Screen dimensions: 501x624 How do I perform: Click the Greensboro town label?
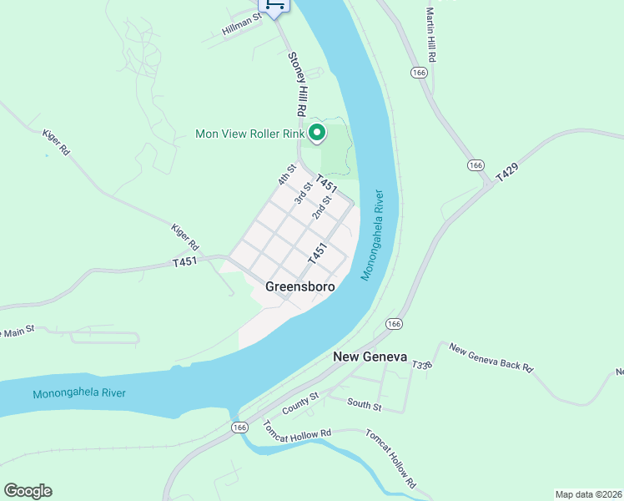[300, 286]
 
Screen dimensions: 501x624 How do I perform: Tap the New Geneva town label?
[370, 357]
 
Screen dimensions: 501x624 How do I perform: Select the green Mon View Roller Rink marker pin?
[317, 133]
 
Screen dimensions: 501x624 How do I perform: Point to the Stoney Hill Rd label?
[296, 84]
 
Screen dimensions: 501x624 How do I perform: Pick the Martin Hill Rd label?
[431, 34]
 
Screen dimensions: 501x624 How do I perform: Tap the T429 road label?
[506, 173]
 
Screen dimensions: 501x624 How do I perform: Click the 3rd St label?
[304, 194]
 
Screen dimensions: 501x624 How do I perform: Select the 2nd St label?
[322, 208]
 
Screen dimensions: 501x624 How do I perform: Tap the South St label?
[365, 407]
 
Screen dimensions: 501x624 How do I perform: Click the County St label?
[300, 402]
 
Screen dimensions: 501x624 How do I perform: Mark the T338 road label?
[421, 365]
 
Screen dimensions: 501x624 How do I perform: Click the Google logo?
[28, 491]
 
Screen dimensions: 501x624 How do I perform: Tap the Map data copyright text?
[588, 493]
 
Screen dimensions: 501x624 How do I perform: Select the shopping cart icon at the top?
[274, 6]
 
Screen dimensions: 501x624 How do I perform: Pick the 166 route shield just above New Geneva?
[395, 324]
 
